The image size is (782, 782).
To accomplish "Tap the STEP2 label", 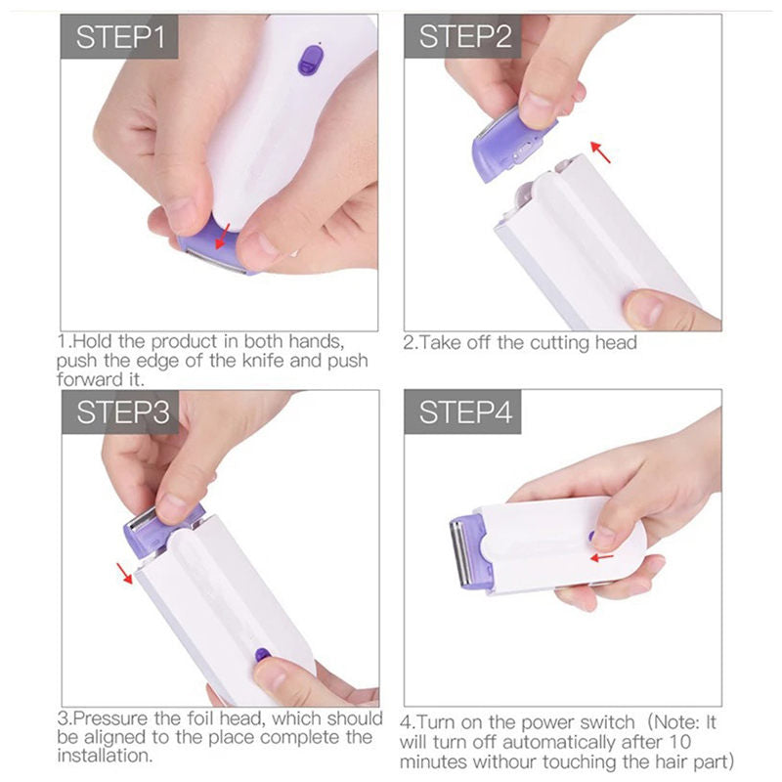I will pyautogui.click(x=465, y=38).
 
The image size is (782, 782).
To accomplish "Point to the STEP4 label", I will pyautogui.click(x=465, y=413).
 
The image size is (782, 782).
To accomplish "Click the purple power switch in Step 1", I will pyautogui.click(x=310, y=60).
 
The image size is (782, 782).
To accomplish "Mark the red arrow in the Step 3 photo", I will pyautogui.click(x=124, y=572).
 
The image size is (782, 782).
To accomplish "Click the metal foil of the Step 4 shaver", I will pyautogui.click(x=457, y=555).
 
